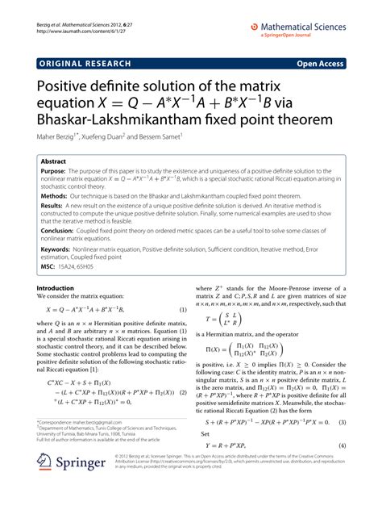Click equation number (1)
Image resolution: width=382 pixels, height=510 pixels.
(183, 311)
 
